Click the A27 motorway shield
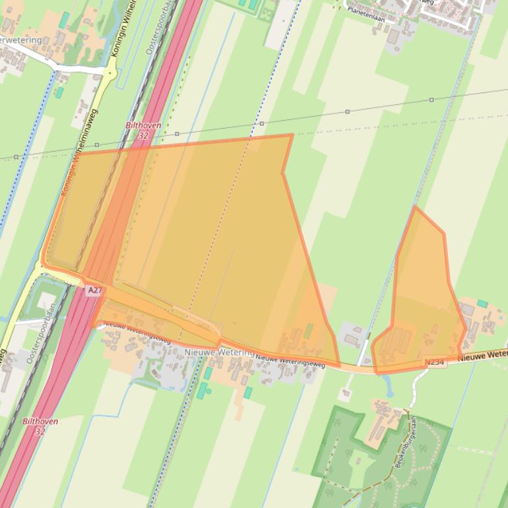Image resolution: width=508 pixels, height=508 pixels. tap(94, 290)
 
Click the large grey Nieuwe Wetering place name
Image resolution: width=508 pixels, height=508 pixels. tap(219, 353)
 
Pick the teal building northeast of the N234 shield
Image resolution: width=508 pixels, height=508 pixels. tap(482, 304)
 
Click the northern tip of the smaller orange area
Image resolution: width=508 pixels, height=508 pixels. tap(415, 207)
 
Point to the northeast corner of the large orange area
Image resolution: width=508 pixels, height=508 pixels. tap(292, 135)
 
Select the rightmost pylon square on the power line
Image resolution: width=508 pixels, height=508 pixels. tap(431, 100)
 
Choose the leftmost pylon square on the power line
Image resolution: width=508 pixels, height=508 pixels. tap(16, 157)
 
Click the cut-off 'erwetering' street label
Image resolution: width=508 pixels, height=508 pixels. tap(20, 40)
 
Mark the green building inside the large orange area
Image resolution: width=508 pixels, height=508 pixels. tap(307, 331)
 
